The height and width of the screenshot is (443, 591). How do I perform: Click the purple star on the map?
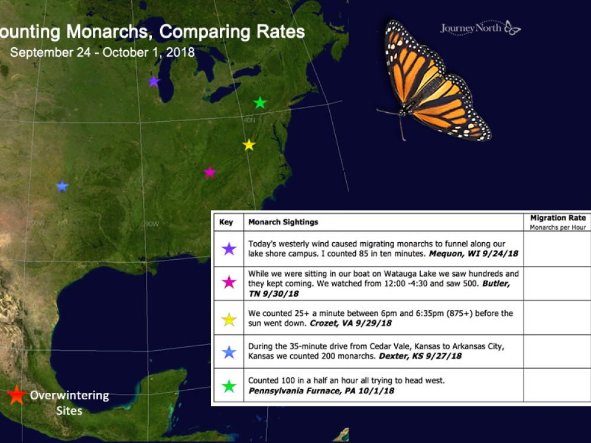pos(154,82)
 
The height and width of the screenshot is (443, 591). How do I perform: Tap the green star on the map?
pos(260,103)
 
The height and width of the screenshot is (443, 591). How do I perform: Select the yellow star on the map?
pos(249,145)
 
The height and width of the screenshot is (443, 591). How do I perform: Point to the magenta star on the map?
pos(210,172)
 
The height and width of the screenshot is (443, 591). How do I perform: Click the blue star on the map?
pos(62,187)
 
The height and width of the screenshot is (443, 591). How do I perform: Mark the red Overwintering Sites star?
pos(17,395)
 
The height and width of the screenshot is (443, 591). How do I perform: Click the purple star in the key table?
pos(228,249)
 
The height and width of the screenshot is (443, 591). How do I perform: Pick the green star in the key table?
pos(228,386)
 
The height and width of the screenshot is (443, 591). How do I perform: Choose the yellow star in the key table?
pos(228,320)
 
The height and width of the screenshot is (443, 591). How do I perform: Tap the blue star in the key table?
pos(228,353)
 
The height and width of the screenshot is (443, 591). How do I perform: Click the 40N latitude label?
pos(249,120)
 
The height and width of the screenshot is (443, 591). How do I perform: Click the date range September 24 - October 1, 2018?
pos(102,53)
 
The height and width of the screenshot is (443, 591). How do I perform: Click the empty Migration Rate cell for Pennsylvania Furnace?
pos(557,386)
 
